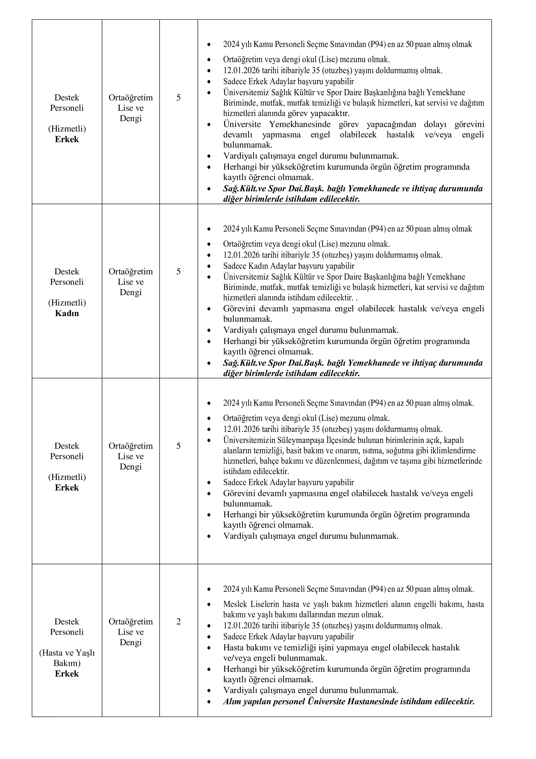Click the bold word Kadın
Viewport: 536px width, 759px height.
(x=67, y=313)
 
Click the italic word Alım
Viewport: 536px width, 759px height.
(x=232, y=701)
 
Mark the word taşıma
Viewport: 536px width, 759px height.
(x=425, y=461)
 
